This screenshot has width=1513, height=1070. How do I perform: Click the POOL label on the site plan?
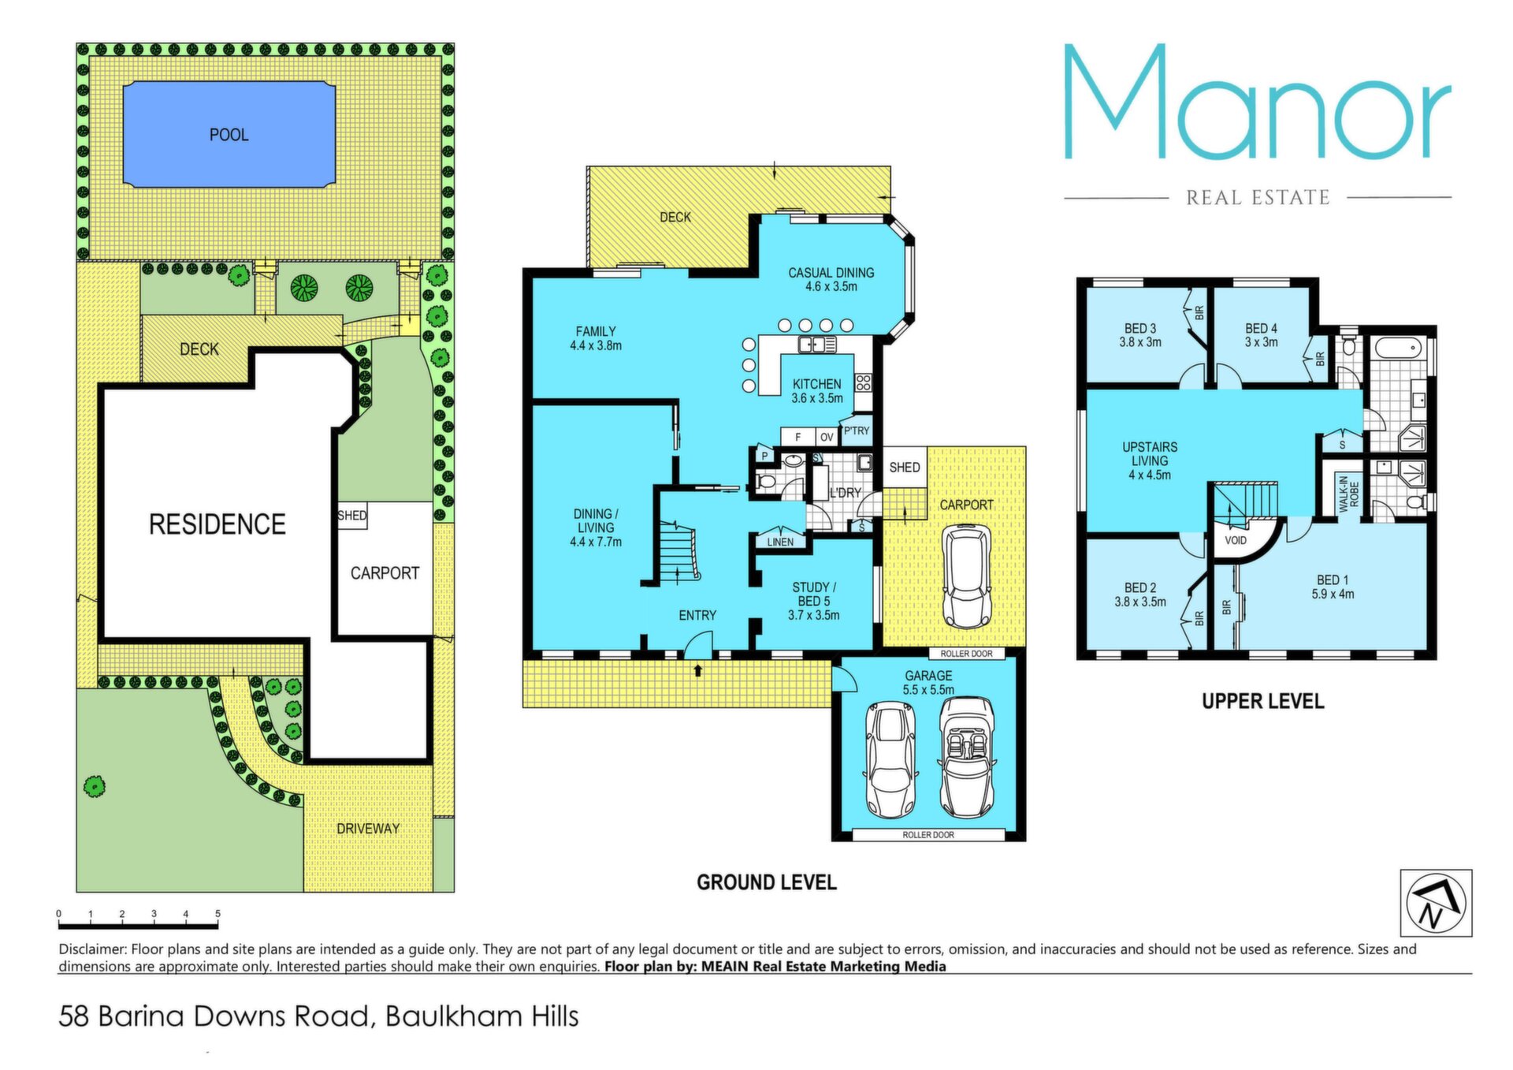229,135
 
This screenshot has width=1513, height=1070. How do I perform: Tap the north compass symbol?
1436,904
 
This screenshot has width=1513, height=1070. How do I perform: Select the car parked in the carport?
967,576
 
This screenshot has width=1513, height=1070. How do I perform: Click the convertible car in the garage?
967,759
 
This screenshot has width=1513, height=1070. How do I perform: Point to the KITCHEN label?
816,384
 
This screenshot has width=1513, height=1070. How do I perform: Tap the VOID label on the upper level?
1236,540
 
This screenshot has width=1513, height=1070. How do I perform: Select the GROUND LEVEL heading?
766,882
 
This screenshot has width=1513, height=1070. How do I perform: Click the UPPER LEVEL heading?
1262,701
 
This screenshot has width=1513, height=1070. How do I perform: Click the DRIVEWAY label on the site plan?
368,828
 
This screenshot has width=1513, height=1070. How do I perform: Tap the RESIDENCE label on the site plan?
217,524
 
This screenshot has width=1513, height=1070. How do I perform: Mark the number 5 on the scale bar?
217,914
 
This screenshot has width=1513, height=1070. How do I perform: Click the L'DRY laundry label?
845,493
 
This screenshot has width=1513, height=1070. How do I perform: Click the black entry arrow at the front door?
697,670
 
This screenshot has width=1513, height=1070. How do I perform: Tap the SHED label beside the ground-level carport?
905,467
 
